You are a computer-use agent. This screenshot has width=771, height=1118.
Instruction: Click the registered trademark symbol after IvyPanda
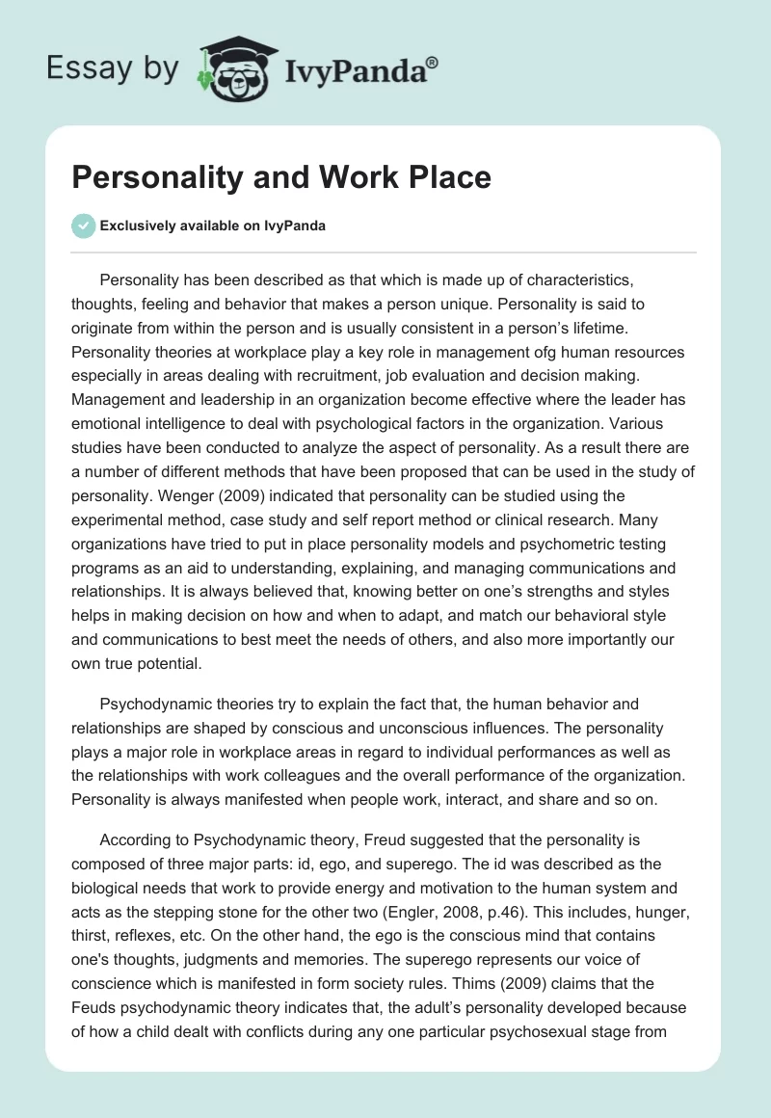point(432,61)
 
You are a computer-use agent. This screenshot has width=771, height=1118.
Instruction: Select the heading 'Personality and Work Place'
point(282,177)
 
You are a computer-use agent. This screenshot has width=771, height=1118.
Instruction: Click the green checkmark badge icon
point(83,226)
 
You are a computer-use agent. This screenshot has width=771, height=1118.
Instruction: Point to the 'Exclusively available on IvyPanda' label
point(213,226)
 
